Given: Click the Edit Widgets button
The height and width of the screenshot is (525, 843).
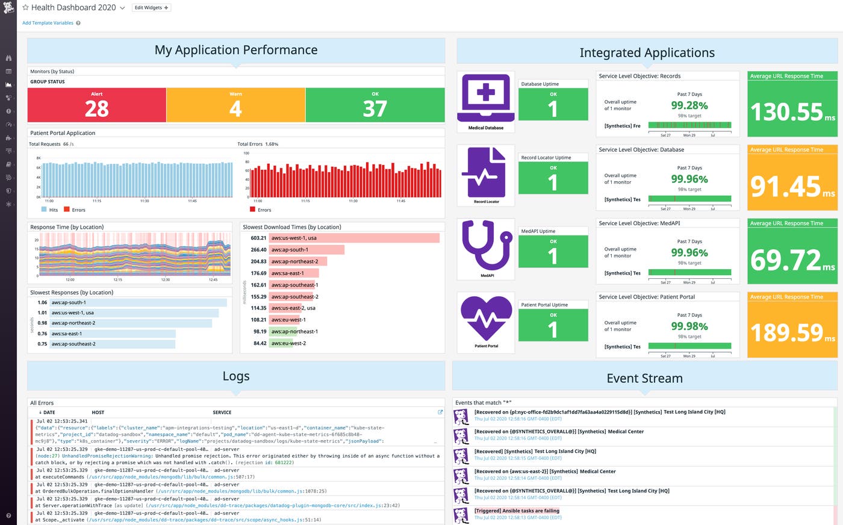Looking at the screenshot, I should [151, 8].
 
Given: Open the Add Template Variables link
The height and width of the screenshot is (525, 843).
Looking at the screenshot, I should [48, 23].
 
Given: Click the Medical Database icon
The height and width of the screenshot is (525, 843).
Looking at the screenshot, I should [486, 98].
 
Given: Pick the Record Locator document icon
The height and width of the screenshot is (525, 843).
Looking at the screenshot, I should [486, 172].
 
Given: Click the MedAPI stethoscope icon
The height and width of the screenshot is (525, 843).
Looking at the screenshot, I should [486, 246].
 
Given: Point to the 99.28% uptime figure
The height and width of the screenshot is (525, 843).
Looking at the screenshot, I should [689, 105].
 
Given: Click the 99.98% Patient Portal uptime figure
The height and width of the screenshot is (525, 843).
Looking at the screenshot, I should [689, 326].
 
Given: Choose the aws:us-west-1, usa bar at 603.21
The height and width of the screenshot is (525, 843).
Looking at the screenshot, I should [354, 238].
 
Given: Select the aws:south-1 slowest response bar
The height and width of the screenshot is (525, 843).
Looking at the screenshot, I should [138, 303].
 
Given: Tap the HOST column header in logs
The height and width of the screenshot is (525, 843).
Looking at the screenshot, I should [98, 412].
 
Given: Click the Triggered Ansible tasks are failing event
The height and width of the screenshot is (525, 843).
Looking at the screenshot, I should [517, 511].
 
